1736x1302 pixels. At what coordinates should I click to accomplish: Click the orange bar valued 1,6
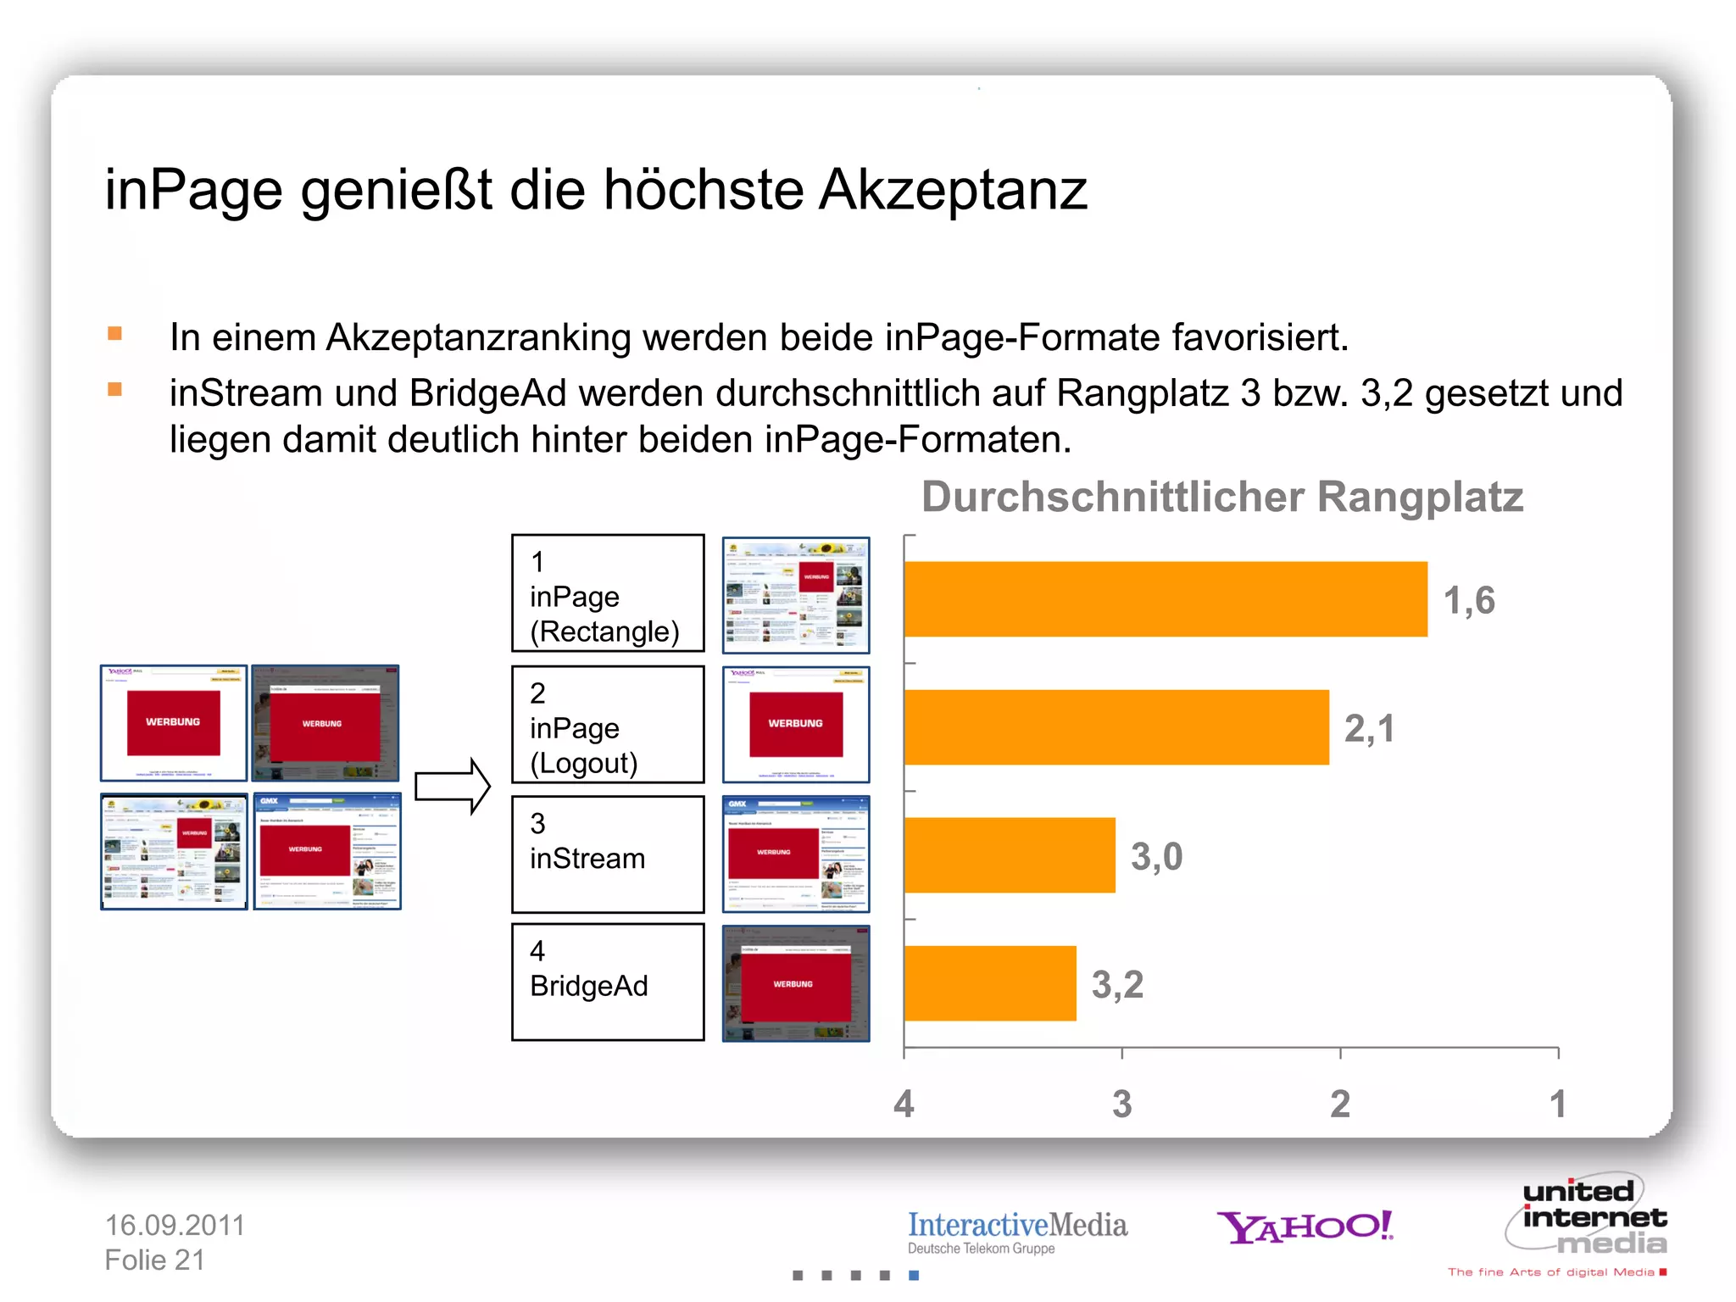point(1166,599)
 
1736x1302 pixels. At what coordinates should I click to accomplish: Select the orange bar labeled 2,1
point(1116,727)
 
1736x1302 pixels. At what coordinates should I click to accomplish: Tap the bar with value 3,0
point(1010,855)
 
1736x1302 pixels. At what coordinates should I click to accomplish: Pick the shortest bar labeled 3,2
point(990,983)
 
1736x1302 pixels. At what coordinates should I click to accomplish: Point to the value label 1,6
point(1469,600)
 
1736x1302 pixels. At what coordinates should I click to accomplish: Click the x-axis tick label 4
point(904,1104)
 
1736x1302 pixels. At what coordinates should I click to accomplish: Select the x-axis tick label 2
point(1340,1104)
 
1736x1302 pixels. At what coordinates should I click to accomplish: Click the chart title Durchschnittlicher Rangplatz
point(1221,497)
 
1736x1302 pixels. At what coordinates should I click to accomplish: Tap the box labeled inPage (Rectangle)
point(608,593)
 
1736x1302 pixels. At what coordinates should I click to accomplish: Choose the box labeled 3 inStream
point(608,854)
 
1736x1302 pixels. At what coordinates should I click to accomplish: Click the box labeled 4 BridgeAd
point(608,982)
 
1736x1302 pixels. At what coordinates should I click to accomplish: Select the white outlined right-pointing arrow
point(453,787)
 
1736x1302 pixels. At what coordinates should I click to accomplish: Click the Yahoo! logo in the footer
point(1305,1227)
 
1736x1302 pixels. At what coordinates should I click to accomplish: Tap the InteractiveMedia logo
point(1017,1231)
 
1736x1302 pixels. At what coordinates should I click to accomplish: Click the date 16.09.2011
point(175,1225)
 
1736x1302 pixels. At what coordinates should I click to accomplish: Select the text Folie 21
point(154,1260)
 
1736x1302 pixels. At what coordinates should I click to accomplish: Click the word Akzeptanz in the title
point(953,190)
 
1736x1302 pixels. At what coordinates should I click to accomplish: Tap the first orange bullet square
point(115,333)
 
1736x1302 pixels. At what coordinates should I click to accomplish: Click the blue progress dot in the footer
point(914,1275)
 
